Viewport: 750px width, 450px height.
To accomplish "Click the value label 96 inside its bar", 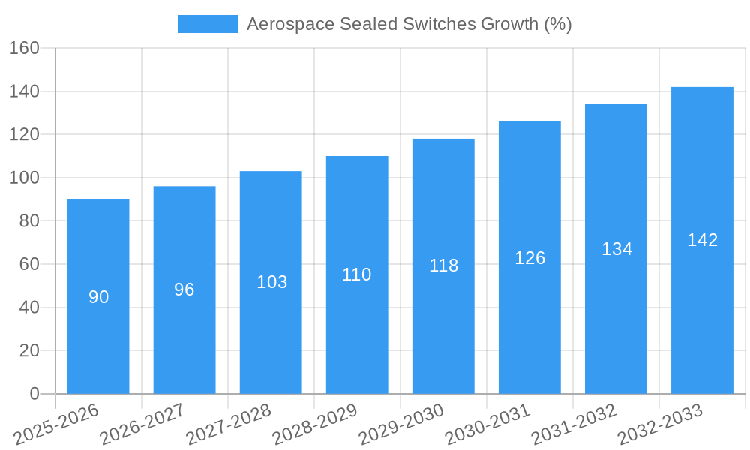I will pyautogui.click(x=184, y=289).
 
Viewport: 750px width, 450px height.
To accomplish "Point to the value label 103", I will pyautogui.click(x=271, y=282).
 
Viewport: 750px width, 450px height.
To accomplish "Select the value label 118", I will pyautogui.click(x=443, y=265).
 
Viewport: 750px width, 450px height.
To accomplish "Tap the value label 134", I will pyautogui.click(x=616, y=249).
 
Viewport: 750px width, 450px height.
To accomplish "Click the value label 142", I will pyautogui.click(x=702, y=240).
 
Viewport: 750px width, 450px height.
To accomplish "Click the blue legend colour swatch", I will pyautogui.click(x=207, y=24).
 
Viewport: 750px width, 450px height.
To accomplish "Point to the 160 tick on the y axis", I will pyautogui.click(x=24, y=48).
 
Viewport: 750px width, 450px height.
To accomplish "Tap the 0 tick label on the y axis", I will pyautogui.click(x=34, y=394).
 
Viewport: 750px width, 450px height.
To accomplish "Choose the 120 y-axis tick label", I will pyautogui.click(x=24, y=135).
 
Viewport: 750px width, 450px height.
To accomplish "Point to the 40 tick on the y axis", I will pyautogui.click(x=28, y=307).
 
